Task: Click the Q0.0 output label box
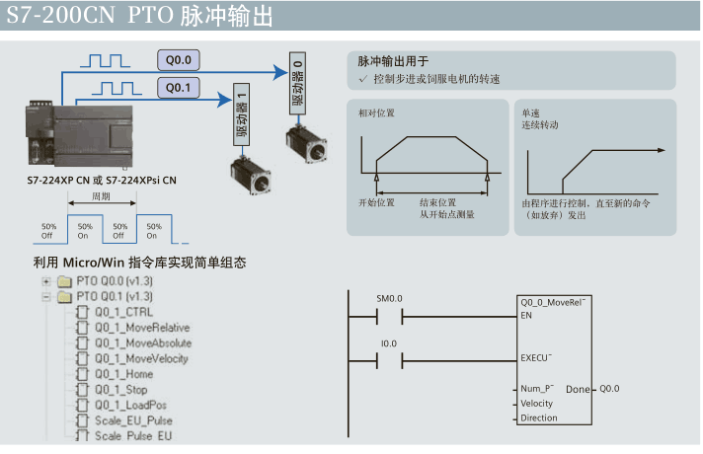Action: pos(178,58)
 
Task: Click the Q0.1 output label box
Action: pos(178,88)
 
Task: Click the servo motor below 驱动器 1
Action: pos(250,172)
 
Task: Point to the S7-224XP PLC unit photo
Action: pos(99,138)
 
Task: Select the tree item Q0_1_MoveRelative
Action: pos(142,328)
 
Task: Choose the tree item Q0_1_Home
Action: pos(123,374)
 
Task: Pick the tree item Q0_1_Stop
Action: pos(121,390)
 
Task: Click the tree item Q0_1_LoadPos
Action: pos(130,405)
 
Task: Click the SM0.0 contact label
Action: pos(389,298)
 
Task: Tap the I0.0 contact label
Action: pos(388,342)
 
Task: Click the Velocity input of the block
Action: pos(537,404)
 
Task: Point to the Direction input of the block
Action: pos(539,418)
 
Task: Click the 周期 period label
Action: pos(101,195)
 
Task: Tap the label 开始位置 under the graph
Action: pos(375,202)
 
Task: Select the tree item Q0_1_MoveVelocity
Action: pos(141,358)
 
